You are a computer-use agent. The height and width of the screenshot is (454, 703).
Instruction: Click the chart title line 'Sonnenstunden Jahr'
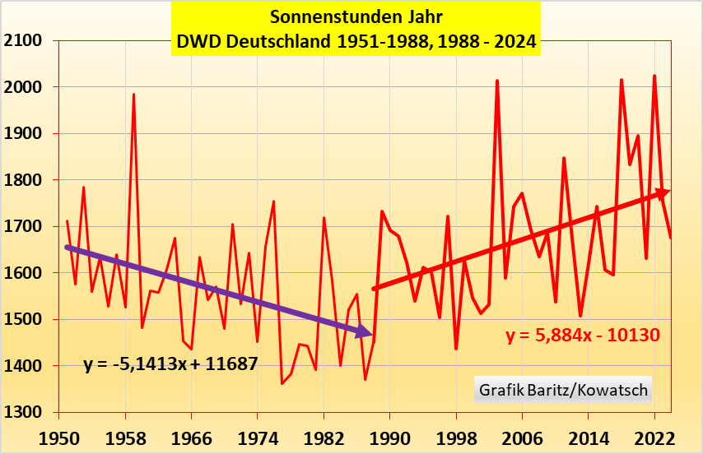click(x=355, y=16)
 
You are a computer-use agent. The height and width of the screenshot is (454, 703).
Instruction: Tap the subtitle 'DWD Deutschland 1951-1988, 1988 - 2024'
click(x=355, y=40)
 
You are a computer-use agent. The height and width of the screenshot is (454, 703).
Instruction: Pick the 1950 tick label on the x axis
click(x=59, y=436)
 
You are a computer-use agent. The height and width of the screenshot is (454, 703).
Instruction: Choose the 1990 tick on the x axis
click(x=390, y=436)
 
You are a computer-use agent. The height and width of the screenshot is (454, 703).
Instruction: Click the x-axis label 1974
click(x=258, y=436)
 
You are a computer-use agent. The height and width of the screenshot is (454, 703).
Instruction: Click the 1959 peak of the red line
click(x=133, y=95)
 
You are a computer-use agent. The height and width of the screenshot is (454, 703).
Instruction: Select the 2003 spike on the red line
click(x=497, y=81)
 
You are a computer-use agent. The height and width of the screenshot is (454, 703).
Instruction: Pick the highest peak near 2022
click(x=654, y=76)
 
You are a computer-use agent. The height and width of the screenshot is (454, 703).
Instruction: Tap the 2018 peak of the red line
click(x=622, y=80)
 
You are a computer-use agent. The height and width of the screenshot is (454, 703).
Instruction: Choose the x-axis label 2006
click(x=522, y=436)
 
